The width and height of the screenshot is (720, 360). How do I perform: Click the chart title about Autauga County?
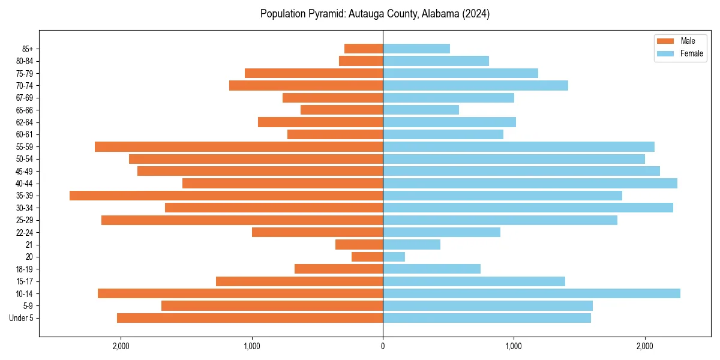[375, 14]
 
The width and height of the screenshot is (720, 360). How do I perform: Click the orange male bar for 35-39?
[226, 196]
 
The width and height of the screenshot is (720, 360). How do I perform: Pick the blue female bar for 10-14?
[532, 293]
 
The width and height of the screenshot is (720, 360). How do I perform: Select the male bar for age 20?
[367, 257]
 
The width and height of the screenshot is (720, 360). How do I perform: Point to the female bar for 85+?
[416, 49]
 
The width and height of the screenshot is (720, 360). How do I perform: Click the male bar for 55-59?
[239, 146]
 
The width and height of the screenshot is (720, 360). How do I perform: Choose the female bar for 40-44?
[530, 183]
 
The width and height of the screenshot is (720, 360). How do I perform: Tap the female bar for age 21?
[412, 244]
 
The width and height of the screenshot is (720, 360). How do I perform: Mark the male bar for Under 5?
[250, 318]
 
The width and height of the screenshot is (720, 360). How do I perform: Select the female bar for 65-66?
[421, 110]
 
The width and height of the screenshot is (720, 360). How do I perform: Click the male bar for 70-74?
[306, 85]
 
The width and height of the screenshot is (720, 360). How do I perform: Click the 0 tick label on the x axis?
[383, 346]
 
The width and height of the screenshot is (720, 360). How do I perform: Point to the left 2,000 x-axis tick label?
[121, 346]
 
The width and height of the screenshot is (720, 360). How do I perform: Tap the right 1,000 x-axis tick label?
[514, 346]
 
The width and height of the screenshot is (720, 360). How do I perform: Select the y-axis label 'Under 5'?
[21, 318]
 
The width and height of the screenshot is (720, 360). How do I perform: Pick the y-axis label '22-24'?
[25, 232]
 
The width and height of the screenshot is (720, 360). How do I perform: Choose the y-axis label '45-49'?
[25, 171]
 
